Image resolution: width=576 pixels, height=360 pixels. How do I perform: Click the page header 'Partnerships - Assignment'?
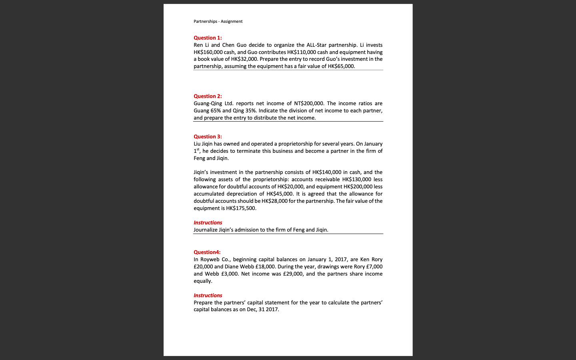(218, 21)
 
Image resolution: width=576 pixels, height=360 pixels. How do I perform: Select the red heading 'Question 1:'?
(208, 38)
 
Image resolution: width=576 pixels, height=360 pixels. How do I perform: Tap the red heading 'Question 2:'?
(208, 96)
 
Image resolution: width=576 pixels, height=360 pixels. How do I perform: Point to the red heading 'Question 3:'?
(208, 136)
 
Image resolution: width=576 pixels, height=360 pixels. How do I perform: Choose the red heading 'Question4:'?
(207, 252)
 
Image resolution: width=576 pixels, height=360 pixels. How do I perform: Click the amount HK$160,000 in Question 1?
(208, 52)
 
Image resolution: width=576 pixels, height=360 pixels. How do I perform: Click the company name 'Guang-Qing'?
(208, 103)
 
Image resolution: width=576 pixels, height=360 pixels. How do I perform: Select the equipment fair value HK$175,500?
(241, 208)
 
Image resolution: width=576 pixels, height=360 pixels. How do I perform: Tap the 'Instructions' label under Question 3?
(208, 222)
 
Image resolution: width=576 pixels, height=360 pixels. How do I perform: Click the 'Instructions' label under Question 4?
(208, 295)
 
